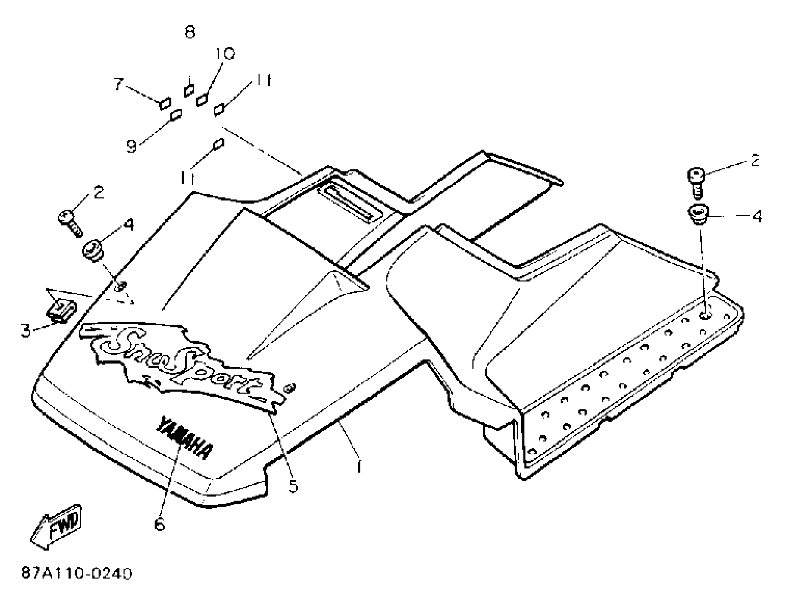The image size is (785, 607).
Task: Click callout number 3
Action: click(x=25, y=331)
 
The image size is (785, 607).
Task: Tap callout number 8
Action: click(x=189, y=32)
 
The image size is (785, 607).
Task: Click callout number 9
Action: click(x=131, y=146)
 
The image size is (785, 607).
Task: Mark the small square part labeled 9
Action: click(x=176, y=115)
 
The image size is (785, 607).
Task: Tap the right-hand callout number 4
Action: click(x=756, y=216)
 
